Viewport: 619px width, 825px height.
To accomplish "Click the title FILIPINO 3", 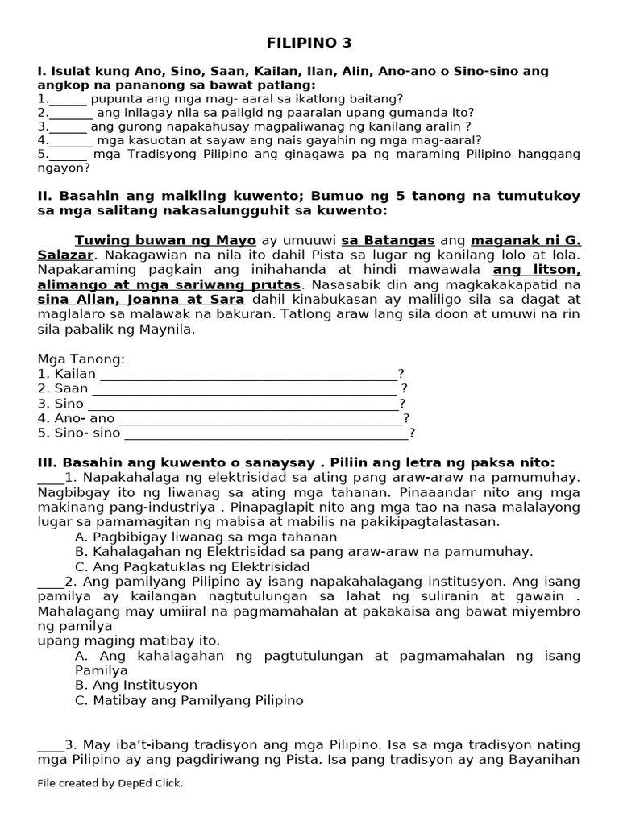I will [309, 43].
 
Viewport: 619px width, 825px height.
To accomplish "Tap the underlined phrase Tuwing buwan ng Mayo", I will [165, 240].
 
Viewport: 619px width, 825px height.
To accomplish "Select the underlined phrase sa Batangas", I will [388, 240].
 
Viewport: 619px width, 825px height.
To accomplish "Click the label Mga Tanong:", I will [81, 359].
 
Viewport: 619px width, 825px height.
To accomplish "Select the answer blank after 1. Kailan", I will [248, 375].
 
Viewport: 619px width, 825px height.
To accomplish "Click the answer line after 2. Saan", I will [245, 389].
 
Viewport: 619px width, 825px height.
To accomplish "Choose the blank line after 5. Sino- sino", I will [266, 433].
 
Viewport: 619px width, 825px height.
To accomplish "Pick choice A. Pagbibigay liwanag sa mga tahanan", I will [206, 537].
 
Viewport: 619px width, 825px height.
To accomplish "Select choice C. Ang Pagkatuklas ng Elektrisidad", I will [192, 566].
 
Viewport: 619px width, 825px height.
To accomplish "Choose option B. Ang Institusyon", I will [135, 685].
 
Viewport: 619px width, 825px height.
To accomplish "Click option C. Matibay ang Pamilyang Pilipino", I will [189, 700].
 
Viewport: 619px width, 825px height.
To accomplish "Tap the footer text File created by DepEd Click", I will [110, 782].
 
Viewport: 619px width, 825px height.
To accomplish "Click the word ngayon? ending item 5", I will [64, 168].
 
